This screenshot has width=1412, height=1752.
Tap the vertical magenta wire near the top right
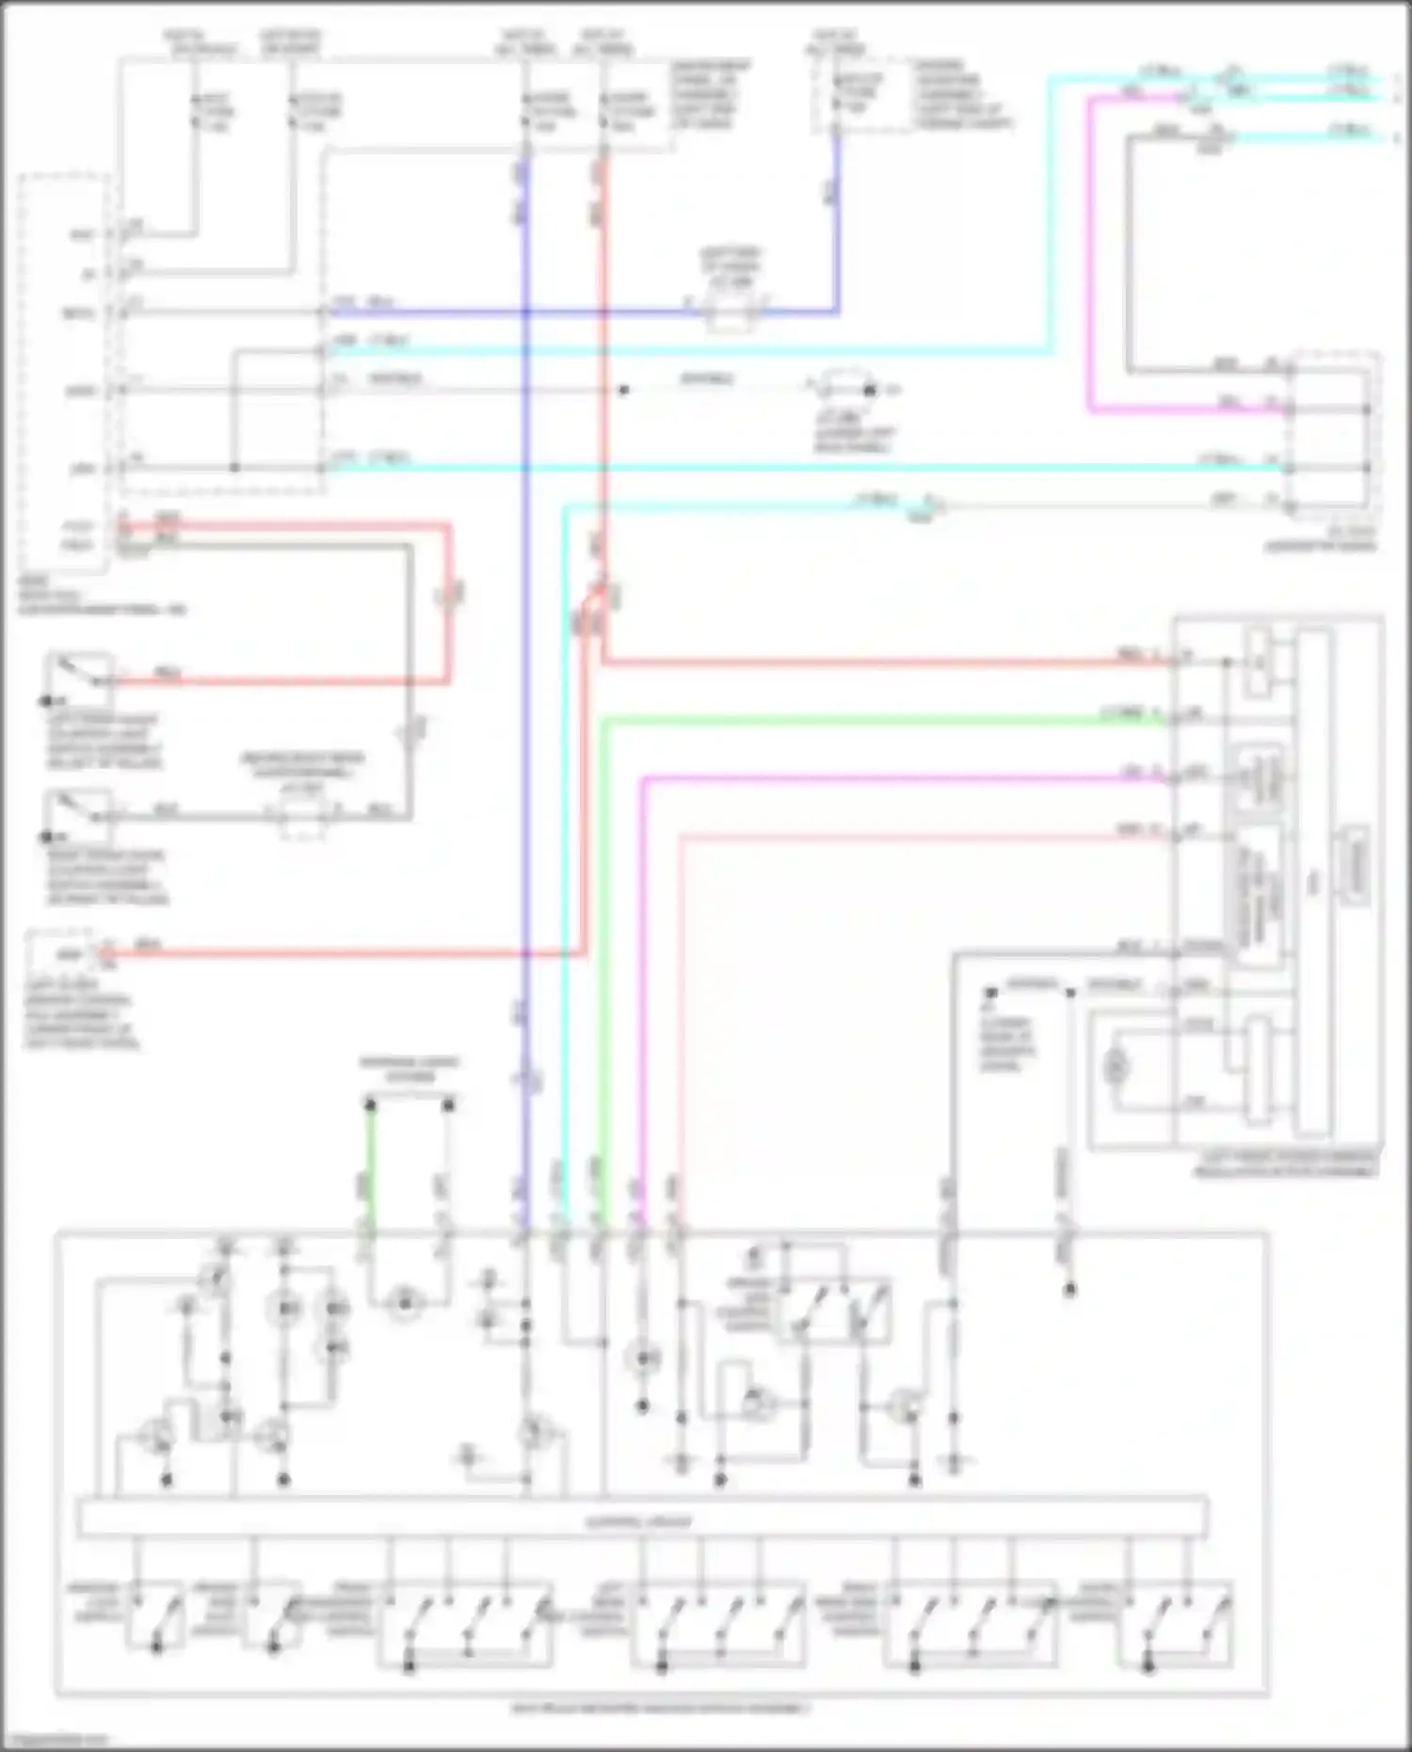pos(1090,254)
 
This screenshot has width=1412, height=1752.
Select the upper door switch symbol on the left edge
pos(81,678)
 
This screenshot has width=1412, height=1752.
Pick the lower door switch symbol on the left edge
pos(81,813)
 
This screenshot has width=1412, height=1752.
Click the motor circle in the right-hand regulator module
pos(1116,1067)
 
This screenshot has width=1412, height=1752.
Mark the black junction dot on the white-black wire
pos(622,389)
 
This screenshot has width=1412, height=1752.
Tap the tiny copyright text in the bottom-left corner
pos(55,1741)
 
